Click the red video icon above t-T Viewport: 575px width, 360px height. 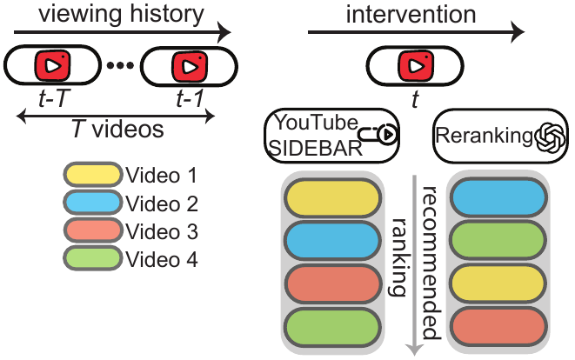point(52,65)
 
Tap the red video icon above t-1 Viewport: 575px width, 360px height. point(190,67)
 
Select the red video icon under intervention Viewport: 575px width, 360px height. point(416,66)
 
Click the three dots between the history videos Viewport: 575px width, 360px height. point(120,65)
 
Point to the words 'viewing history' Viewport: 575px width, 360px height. point(121,14)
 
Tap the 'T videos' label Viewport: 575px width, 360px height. point(117,129)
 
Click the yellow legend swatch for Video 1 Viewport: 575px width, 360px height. point(92,175)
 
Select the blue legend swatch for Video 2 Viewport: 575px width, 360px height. point(92,203)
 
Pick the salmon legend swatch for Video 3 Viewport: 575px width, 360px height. point(92,230)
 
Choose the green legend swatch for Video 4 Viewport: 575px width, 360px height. point(92,258)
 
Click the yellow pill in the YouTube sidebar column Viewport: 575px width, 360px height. point(332,198)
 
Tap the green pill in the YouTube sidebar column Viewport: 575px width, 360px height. point(332,328)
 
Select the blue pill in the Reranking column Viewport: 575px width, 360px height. point(498,197)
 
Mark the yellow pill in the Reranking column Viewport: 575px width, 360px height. point(498,284)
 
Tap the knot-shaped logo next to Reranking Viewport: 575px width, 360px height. point(550,137)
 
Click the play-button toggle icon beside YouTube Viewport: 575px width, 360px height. point(378,134)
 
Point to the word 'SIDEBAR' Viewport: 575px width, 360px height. point(316,149)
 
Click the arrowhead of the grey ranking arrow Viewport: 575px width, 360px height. point(414,350)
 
